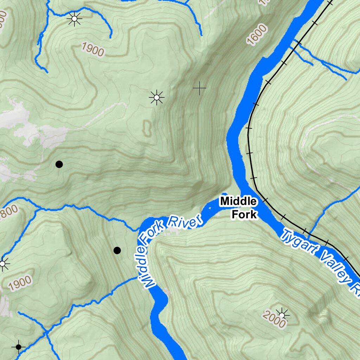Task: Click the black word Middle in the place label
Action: [238, 201]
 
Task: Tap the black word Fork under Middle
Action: [244, 214]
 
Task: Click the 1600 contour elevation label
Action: [257, 35]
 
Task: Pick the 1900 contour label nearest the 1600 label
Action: [93, 49]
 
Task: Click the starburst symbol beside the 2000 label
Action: [282, 314]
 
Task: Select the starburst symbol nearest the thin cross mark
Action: [156, 97]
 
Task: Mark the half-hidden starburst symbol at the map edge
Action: [3, 263]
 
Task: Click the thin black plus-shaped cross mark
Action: [199, 88]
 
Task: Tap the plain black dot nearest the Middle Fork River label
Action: [117, 250]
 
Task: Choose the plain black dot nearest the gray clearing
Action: [59, 164]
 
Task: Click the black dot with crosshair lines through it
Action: [19, 347]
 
